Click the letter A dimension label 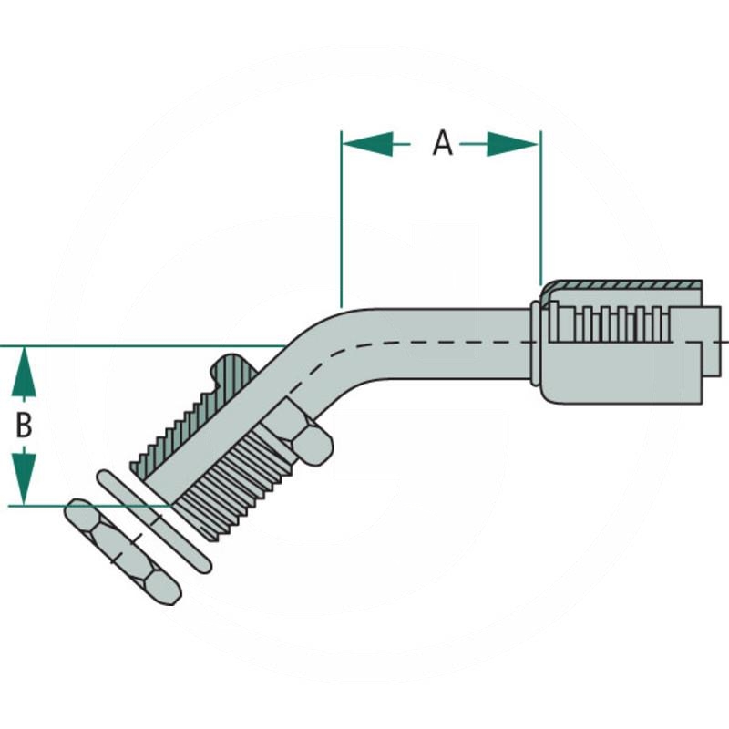pyautogui.click(x=442, y=142)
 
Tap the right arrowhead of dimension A pyautogui.click(x=514, y=143)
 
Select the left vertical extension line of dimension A pyautogui.click(x=341, y=228)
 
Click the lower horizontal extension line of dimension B pyautogui.click(x=91, y=505)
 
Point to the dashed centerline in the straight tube pyautogui.click(x=437, y=343)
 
